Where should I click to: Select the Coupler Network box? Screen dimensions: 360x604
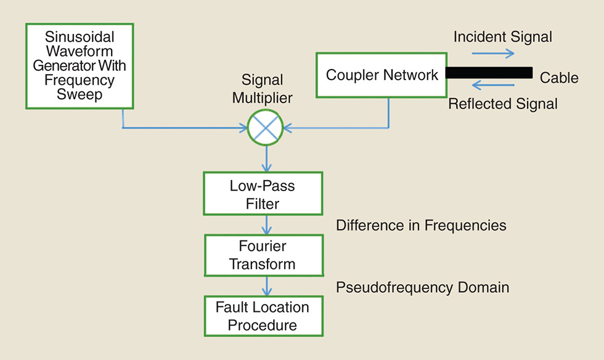382,75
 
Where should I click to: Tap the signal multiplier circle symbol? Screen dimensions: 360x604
265,128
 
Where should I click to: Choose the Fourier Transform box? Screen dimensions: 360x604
263,255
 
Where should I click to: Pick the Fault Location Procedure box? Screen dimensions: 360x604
263,316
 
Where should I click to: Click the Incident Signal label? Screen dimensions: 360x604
502,37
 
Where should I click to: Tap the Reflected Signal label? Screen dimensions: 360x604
502,104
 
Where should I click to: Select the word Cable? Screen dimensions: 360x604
559,78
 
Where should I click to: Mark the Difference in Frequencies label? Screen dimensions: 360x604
421,226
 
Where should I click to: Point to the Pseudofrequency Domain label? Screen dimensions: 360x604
422,287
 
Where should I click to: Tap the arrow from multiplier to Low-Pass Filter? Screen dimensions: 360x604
266,158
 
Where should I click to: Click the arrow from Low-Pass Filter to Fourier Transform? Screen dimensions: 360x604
266,224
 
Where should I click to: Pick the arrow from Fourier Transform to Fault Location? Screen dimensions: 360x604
266,285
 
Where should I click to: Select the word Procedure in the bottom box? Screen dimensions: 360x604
263,325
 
